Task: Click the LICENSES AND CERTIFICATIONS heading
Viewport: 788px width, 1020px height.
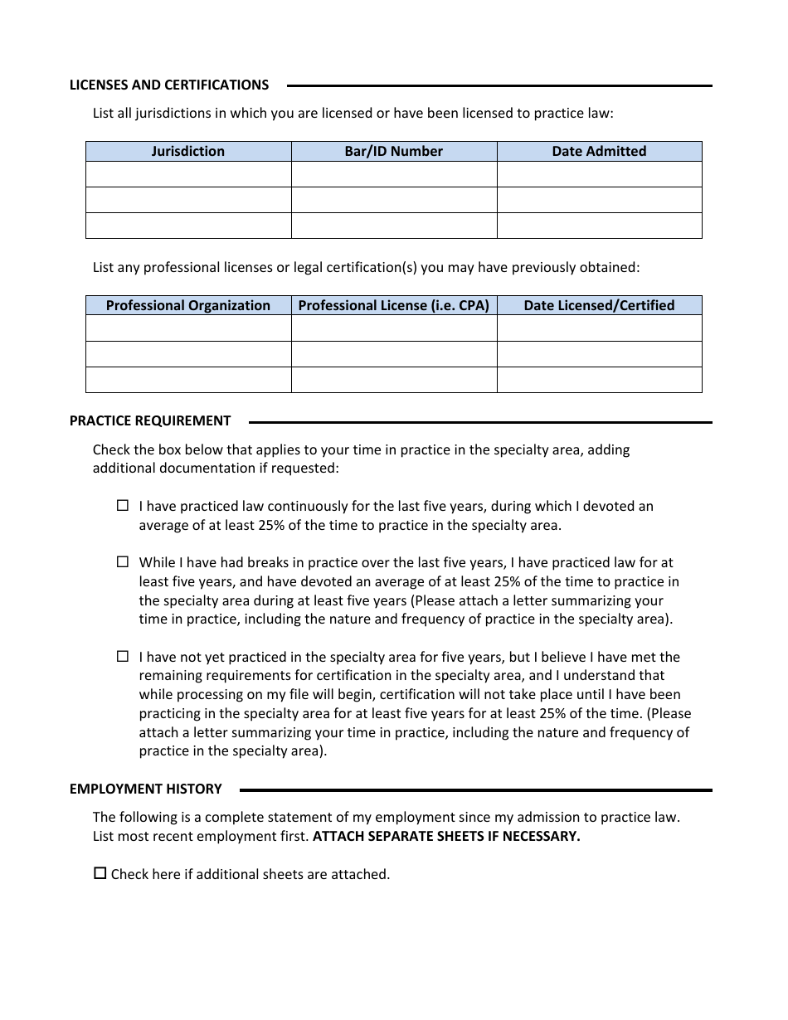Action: click(x=169, y=85)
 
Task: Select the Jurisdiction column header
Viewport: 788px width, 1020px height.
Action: click(x=188, y=151)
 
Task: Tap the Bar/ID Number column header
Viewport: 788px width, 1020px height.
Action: click(x=394, y=151)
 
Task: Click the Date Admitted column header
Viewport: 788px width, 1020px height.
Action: click(x=599, y=151)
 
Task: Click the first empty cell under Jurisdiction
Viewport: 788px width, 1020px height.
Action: click(x=188, y=174)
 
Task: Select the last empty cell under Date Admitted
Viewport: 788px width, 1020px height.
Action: click(x=599, y=226)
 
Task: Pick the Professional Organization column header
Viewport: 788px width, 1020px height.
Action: click(x=188, y=305)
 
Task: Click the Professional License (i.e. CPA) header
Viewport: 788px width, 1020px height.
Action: click(x=394, y=305)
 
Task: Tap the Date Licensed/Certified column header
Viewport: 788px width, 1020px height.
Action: click(x=599, y=305)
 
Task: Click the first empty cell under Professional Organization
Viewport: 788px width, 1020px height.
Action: click(x=188, y=328)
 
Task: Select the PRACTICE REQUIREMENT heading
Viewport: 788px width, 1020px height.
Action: click(x=150, y=420)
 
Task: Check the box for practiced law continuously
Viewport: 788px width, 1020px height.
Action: click(x=123, y=505)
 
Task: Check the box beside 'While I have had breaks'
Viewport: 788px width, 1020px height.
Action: click(x=123, y=561)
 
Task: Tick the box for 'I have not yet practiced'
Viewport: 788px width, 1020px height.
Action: click(x=123, y=656)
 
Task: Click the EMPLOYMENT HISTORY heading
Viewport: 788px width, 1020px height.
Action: click(x=146, y=789)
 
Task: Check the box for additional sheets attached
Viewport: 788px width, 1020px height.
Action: click(x=100, y=873)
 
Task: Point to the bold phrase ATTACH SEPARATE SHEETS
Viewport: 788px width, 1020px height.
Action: click(x=446, y=836)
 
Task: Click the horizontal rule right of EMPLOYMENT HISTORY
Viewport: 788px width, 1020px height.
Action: click(x=475, y=789)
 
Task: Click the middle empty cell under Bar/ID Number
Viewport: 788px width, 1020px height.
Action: click(x=394, y=200)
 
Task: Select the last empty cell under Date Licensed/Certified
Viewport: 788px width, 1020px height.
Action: click(x=599, y=380)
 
